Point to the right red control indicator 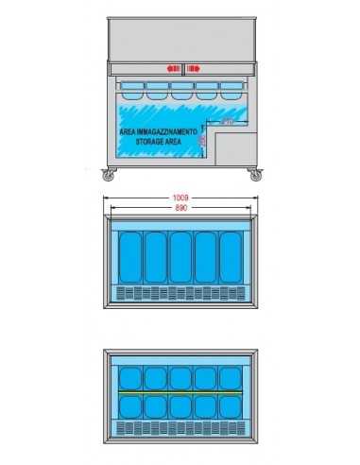pyautogui.click(x=193, y=68)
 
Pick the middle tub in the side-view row pyautogui.click(x=180, y=91)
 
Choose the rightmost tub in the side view pyautogui.click(x=231, y=91)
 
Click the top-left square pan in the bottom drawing pyautogui.click(x=130, y=376)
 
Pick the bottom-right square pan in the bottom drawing pyautogui.click(x=230, y=406)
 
